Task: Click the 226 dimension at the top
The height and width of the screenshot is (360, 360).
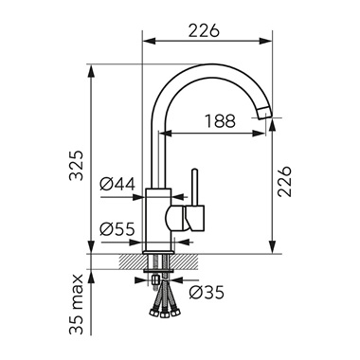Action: (x=204, y=30)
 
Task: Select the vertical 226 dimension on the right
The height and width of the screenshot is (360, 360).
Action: (x=284, y=181)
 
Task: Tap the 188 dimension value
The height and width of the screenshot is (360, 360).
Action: (x=220, y=121)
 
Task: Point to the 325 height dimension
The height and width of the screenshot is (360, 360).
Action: (x=76, y=165)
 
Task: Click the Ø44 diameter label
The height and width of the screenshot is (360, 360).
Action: (x=117, y=184)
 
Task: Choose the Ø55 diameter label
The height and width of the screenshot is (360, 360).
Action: (x=117, y=229)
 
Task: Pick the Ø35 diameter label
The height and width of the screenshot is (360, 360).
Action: (x=207, y=293)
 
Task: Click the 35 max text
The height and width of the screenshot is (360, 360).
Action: (x=76, y=304)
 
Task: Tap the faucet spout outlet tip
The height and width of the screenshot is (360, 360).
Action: (x=264, y=113)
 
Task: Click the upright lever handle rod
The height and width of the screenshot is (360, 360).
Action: (x=195, y=188)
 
